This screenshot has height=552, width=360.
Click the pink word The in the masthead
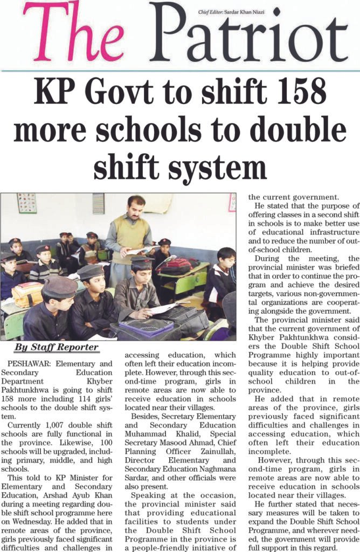point(74,33)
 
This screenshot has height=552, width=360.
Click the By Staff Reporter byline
point(57,347)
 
